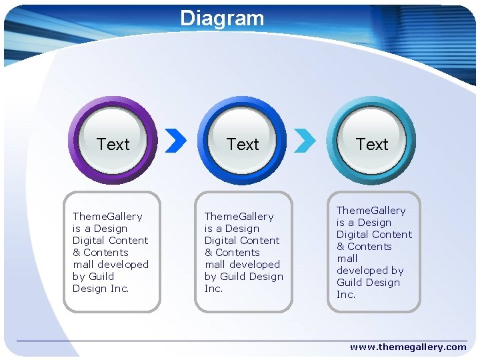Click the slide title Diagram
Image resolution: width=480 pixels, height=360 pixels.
[x=222, y=18]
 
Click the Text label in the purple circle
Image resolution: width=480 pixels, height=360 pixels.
[x=113, y=144]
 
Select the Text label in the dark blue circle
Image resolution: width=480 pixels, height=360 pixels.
[x=243, y=144]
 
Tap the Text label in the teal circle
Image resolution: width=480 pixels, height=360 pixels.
[x=372, y=144]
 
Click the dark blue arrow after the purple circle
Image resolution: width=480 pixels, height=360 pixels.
[x=176, y=140]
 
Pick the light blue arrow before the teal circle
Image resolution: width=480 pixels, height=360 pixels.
[x=305, y=140]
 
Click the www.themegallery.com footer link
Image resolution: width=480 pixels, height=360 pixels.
[x=408, y=347]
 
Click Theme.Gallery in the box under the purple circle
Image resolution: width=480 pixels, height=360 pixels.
[x=107, y=216]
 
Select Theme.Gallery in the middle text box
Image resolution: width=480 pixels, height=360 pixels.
[x=239, y=216]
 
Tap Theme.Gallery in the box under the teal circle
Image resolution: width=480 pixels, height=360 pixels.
[x=371, y=211]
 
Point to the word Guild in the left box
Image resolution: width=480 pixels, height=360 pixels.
[x=101, y=276]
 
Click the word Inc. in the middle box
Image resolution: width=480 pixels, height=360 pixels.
[x=213, y=288]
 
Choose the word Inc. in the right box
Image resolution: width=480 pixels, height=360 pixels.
[x=346, y=294]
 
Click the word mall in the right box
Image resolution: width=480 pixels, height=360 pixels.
[x=347, y=258]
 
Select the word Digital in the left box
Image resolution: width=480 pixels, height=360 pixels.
[x=89, y=240]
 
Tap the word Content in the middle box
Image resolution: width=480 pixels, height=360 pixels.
[x=261, y=240]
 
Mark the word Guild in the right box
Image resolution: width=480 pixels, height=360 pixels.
[x=349, y=282]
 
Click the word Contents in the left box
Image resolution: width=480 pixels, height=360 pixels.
[x=106, y=252]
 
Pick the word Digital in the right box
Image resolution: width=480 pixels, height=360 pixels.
[x=352, y=234]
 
